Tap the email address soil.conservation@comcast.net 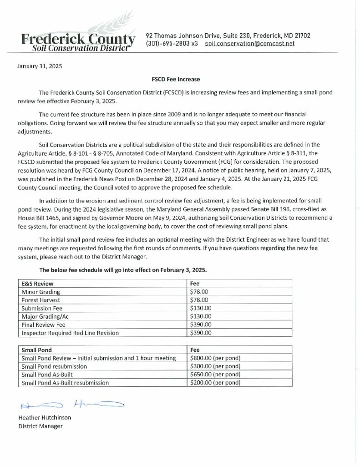(x=250, y=44)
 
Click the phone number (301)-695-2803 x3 (x=172, y=44)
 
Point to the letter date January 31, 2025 (x=39, y=66)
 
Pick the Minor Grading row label (x=41, y=292)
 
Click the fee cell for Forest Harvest (x=199, y=300)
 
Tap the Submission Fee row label (x=42, y=308)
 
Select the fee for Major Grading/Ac (x=201, y=316)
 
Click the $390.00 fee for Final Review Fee (x=201, y=324)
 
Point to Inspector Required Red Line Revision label (x=70, y=333)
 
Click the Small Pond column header (x=37, y=350)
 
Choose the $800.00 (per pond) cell (x=215, y=358)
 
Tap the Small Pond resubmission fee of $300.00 (x=215, y=366)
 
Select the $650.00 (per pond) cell (x=215, y=375)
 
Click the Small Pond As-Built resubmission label (x=65, y=383)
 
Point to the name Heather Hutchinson (x=45, y=418)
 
